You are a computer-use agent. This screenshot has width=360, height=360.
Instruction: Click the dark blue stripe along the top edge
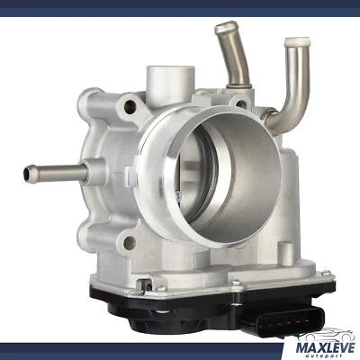click(180, 6)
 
